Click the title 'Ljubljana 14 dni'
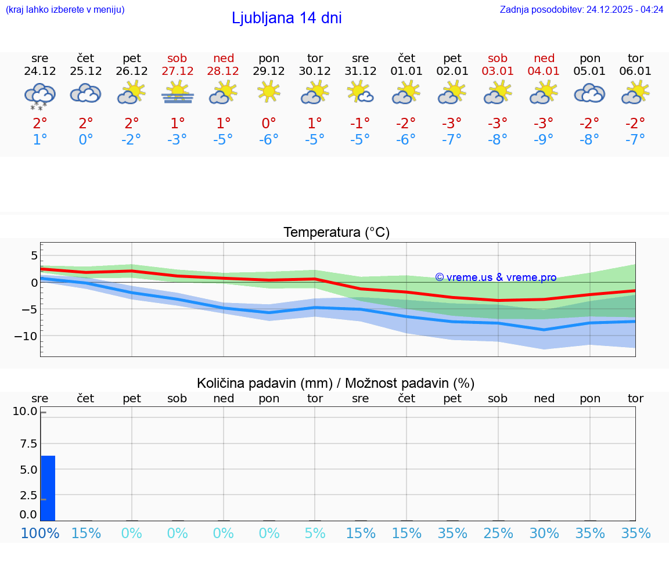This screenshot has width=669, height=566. pos(286,18)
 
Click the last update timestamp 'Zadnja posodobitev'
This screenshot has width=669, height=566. pos(581,10)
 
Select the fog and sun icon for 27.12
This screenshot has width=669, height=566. pos(177,93)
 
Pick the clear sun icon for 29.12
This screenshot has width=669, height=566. pos(269,92)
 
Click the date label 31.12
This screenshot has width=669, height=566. pos(360,71)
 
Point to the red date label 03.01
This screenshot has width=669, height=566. pos(498,71)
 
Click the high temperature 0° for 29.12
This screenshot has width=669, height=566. pos(269,124)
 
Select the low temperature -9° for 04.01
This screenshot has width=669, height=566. pos(544,140)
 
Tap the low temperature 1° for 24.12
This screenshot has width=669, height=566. pos(39,140)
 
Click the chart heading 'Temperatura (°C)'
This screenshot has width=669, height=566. pos(336,233)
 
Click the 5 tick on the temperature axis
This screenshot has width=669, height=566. pos(34,255)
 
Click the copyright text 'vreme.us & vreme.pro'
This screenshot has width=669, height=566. pos(496,277)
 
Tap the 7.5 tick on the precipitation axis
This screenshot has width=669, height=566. pos(25,444)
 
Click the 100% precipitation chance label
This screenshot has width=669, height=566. pos(39,533)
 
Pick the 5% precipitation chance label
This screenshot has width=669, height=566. pos(315,533)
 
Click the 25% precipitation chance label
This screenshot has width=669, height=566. pos(498,533)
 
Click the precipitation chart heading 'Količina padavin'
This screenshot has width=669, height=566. pos(336,383)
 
